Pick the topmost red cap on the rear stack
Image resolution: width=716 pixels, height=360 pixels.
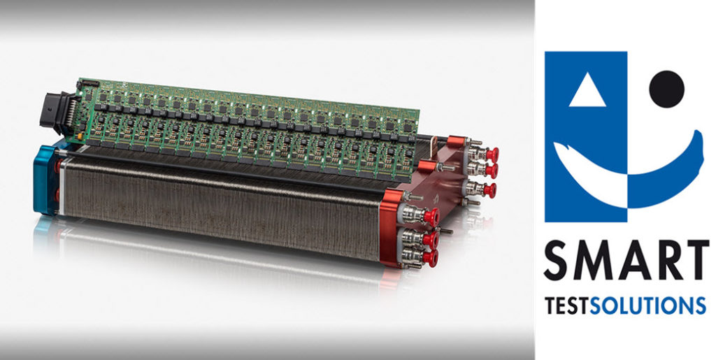(492, 153)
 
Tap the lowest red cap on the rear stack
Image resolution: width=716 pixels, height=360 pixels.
(489, 189)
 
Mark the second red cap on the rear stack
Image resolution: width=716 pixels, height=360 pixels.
(492, 170)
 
